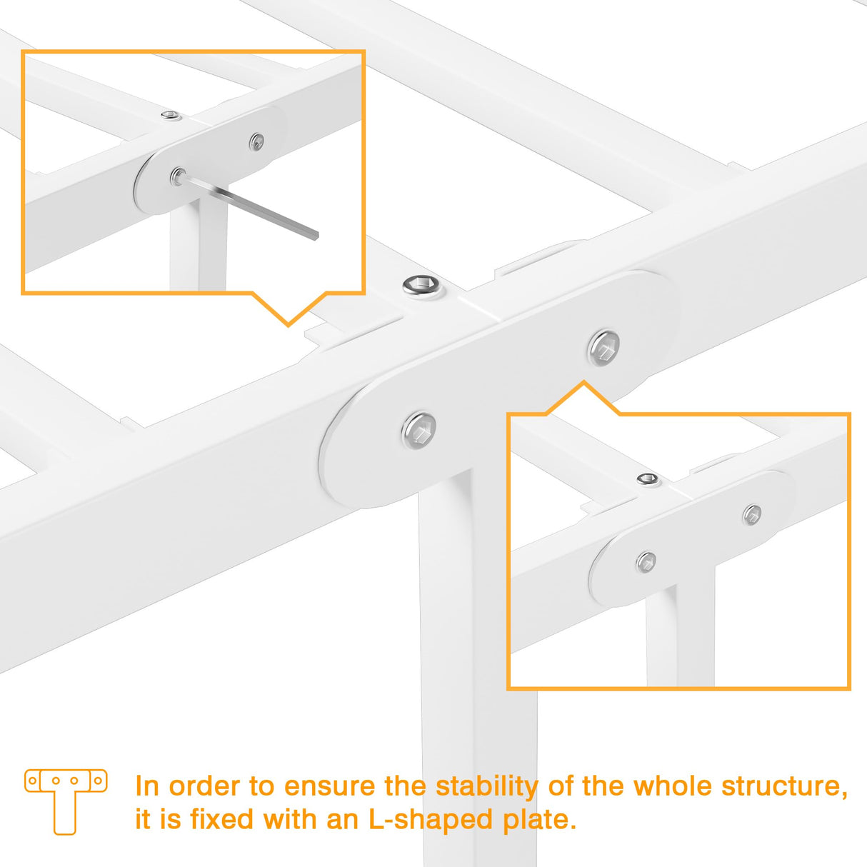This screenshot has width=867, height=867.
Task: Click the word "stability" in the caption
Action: point(487,786)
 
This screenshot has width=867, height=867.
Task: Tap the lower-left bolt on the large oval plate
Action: point(419,430)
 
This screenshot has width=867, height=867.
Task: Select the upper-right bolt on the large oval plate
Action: point(603,348)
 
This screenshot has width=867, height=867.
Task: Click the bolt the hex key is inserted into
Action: point(177,176)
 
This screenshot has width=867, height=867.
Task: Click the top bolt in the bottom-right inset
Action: point(648,479)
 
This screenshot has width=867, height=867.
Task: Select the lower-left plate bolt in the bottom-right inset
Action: point(646,562)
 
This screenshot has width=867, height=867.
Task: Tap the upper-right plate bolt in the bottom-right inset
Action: point(752,514)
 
